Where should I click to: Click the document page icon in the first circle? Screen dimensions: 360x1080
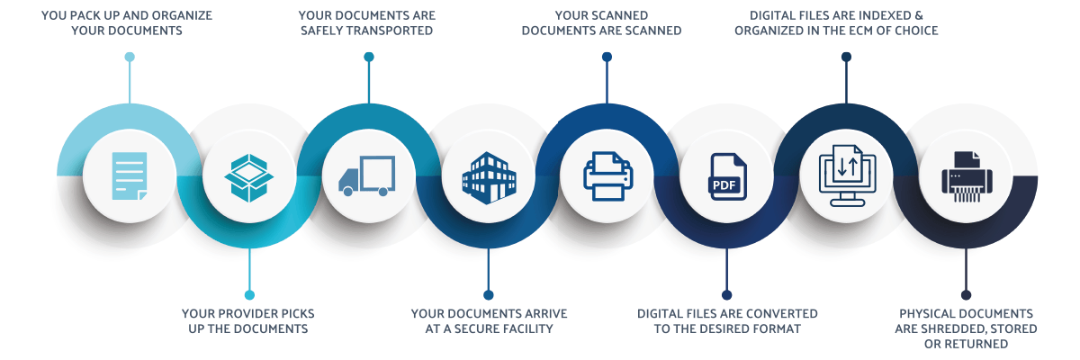point(129,175)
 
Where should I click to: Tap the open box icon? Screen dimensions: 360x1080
point(248,176)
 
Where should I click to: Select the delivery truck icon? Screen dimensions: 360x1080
point(367,175)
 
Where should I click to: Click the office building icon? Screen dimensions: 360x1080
point(488,176)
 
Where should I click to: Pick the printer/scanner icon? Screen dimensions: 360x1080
point(607,175)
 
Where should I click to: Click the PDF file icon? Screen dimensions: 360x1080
point(727,176)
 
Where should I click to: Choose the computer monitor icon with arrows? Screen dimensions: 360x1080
point(846,175)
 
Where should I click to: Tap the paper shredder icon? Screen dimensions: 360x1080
point(966,176)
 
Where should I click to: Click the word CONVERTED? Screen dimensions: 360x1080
point(784,313)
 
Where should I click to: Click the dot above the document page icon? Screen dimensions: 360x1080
point(129,57)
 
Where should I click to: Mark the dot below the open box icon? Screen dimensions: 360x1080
point(248,294)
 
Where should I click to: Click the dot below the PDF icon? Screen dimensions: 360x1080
point(727,294)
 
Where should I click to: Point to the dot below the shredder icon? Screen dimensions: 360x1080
point(966,294)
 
